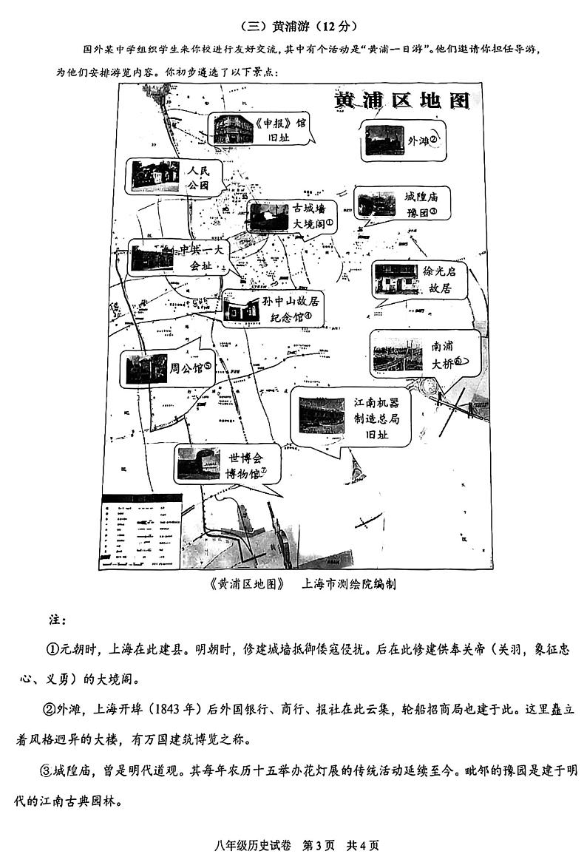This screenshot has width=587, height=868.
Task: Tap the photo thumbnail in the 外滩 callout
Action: point(385,140)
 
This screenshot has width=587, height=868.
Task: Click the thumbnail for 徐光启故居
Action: point(396,279)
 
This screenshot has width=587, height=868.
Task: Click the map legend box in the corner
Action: point(141,532)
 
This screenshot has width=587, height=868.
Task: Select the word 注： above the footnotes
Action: point(58,617)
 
